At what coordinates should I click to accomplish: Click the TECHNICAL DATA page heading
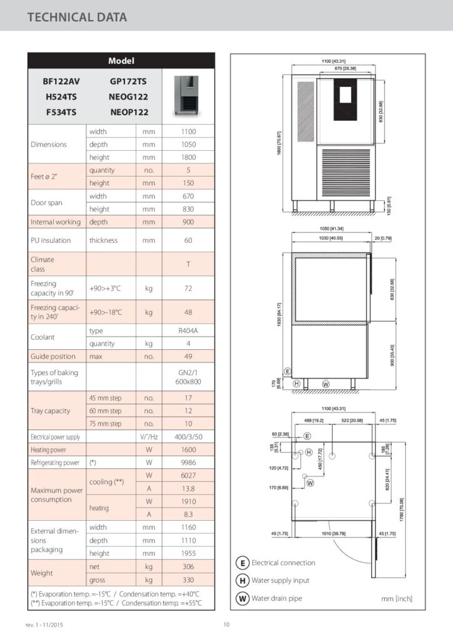click(x=77, y=17)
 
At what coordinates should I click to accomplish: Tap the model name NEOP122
click(x=129, y=112)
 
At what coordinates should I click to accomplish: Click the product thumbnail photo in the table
click(x=188, y=97)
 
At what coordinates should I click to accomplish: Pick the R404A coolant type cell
click(x=188, y=330)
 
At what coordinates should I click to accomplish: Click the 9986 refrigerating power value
click(x=188, y=463)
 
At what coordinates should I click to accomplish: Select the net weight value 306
click(x=188, y=567)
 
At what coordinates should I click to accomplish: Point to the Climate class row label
click(x=43, y=264)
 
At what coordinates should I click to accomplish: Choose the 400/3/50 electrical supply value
click(x=188, y=437)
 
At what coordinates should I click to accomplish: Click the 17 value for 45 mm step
click(x=188, y=397)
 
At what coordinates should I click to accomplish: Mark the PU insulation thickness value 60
click(x=188, y=240)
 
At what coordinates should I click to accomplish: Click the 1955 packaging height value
click(x=188, y=553)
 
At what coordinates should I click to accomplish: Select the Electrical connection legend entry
click(x=283, y=563)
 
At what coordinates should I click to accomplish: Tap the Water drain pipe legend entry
click(x=276, y=598)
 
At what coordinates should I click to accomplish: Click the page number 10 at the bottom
click(x=227, y=625)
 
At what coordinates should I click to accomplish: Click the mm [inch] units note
click(x=397, y=599)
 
